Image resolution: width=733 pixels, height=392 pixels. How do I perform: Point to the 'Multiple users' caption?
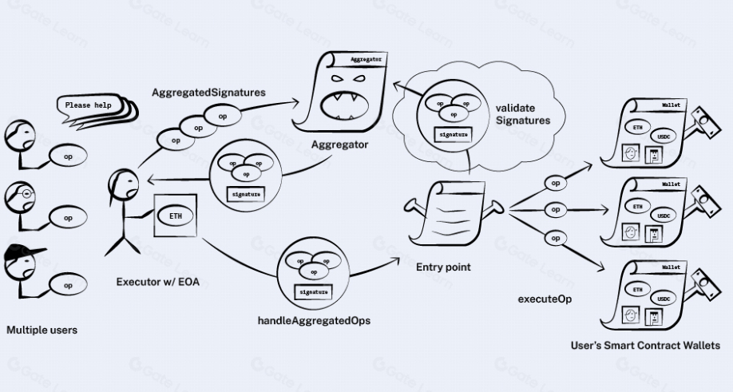click(42, 329)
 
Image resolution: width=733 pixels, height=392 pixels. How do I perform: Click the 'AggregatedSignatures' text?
click(208, 93)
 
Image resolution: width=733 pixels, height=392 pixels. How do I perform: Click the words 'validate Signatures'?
click(525, 113)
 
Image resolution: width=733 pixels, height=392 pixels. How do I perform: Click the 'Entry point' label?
click(443, 267)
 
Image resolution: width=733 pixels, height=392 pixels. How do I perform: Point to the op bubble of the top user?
click(69, 156)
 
